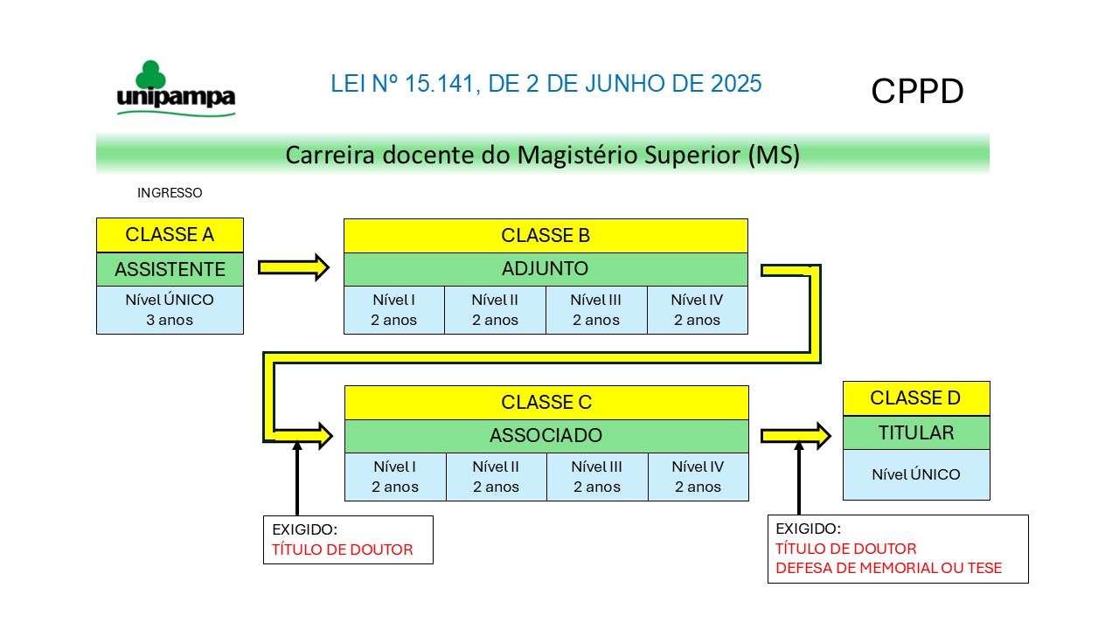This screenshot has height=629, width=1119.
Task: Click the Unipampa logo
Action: (176, 89)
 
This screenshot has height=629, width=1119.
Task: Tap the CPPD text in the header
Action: (917, 92)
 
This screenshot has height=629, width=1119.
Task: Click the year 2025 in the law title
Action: (736, 83)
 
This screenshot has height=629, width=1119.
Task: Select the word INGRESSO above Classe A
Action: (170, 193)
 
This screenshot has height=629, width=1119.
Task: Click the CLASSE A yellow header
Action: (170, 235)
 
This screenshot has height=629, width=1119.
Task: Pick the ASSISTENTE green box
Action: (170, 269)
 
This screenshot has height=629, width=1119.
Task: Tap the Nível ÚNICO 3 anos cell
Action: (170, 310)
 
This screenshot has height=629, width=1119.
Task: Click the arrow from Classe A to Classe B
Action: (294, 267)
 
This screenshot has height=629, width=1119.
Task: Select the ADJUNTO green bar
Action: (546, 269)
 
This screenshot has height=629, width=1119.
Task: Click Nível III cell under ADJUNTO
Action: (596, 310)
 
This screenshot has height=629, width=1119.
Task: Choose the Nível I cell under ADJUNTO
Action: (394, 310)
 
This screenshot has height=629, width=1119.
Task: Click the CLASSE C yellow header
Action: (546, 403)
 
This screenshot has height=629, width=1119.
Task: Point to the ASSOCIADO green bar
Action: (546, 436)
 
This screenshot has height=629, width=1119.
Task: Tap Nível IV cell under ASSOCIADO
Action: (699, 477)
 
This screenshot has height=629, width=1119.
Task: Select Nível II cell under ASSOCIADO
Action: (496, 477)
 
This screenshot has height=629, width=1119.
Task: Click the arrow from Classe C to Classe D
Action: (796, 436)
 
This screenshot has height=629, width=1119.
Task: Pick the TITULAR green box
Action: (916, 432)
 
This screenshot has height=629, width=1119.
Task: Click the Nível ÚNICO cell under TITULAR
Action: (916, 474)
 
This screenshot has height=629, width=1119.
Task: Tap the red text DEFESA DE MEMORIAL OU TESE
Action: (889, 568)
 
